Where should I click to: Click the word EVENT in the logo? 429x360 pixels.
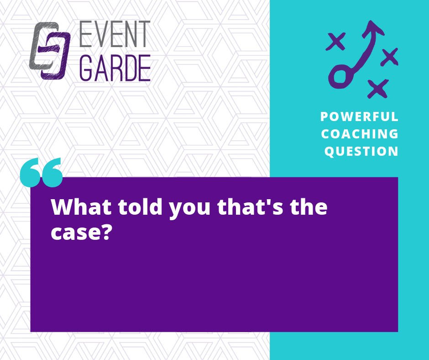pos(115,34)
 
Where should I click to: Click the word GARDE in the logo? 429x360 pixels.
pos(115,68)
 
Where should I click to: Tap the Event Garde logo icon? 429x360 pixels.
pos(50,51)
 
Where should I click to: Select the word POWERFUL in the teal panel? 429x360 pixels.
pos(359,116)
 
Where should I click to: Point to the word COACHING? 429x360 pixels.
pos(360,134)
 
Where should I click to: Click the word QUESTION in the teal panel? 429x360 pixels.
pos(361,151)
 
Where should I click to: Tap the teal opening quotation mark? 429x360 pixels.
pos(42,172)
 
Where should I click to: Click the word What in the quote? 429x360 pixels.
pos(81,206)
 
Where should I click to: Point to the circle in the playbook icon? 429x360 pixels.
pos(340,76)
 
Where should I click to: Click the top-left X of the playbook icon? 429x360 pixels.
pos(336,42)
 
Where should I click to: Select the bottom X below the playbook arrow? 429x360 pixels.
pos(378,89)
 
